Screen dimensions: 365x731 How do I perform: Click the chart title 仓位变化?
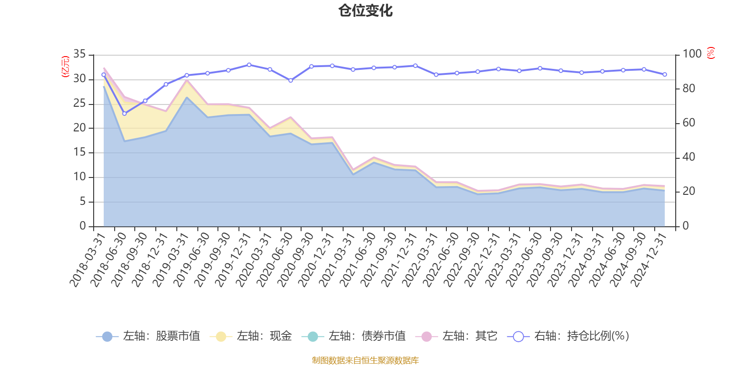coord(365,10)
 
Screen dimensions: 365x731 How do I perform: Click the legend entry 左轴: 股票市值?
coord(148,336)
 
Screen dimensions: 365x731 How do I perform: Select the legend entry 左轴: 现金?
coord(251,336)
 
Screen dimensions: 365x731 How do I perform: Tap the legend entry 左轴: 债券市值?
coord(354,336)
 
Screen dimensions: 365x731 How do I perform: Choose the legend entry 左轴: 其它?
coord(456,336)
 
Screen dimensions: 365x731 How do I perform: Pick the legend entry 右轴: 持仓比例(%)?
coord(568,336)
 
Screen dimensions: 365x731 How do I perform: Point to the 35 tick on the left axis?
coord(80,54)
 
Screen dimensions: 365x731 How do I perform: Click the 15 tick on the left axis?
coord(80,152)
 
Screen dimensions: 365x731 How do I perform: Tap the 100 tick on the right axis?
coord(692,54)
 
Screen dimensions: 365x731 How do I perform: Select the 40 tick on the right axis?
coord(689,157)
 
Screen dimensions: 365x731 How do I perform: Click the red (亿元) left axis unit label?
coord(65,67)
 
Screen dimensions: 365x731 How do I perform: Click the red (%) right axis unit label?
coord(710,53)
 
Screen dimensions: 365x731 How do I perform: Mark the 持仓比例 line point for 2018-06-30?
coord(124,113)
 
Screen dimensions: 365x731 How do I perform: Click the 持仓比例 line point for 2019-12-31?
coord(249,65)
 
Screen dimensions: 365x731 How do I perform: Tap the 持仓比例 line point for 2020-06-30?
coord(291,80)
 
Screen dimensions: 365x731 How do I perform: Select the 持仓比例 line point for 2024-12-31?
coord(665,74)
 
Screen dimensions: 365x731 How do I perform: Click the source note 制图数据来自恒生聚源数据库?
coord(365,360)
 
